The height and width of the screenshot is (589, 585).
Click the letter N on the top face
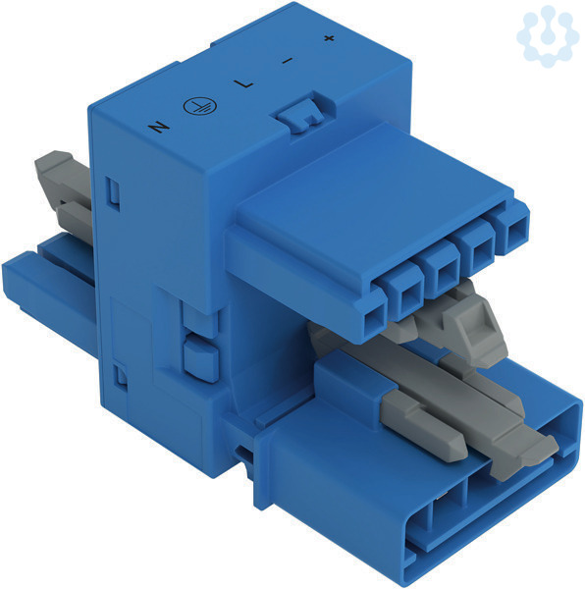[159, 127]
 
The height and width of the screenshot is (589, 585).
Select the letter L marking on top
[243, 83]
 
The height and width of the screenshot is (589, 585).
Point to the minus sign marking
[288, 60]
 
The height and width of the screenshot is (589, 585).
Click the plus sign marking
[329, 38]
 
